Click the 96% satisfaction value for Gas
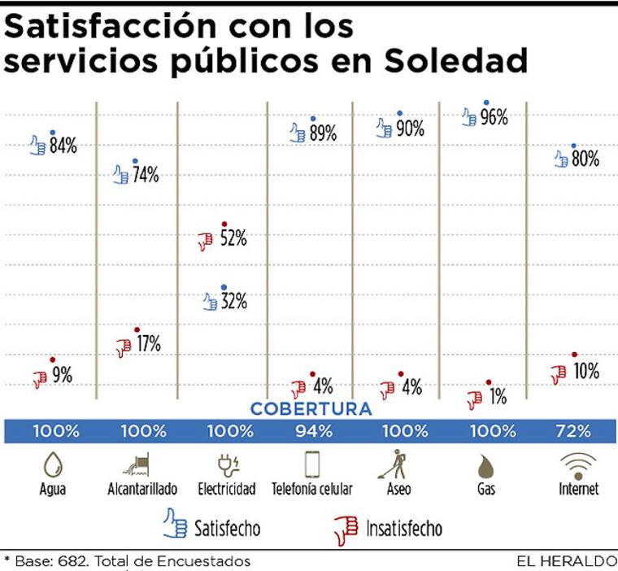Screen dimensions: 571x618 [x=494, y=117]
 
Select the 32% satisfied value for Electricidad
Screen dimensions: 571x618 [x=234, y=302]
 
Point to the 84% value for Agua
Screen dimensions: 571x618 [x=63, y=146]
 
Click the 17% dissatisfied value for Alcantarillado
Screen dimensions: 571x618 [x=147, y=344]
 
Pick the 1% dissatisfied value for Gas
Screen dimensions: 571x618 [x=498, y=397]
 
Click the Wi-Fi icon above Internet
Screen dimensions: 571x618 [x=578, y=464]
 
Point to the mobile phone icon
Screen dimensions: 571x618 [x=312, y=464]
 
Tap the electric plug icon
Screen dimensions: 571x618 [x=226, y=464]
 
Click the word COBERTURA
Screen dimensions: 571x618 [x=311, y=409]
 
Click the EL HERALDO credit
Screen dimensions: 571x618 [x=566, y=561]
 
